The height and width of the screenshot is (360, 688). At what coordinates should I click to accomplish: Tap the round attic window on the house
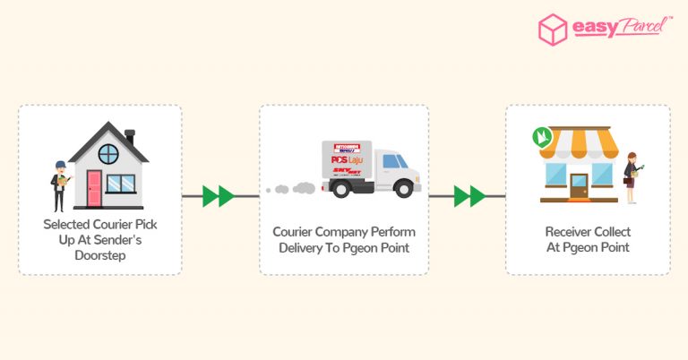(107, 153)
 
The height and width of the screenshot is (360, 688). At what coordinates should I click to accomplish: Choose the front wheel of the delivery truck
(403, 188)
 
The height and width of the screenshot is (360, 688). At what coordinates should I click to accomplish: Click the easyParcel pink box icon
(553, 30)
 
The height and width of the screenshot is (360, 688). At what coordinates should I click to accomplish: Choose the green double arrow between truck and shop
(469, 195)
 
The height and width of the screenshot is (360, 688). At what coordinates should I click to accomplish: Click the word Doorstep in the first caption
(100, 255)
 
